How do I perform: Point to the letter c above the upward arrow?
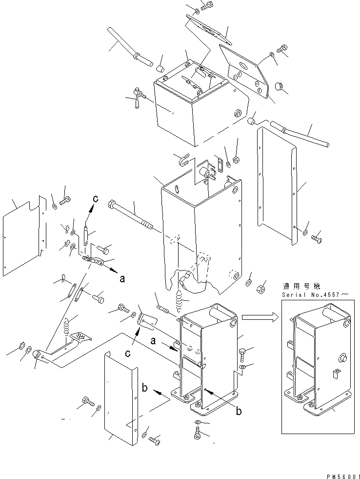tap(96, 199)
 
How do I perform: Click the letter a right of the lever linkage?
tap(122, 279)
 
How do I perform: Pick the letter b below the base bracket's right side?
tap(239, 412)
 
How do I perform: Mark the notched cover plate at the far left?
tap(22, 234)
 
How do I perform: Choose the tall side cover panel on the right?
tap(277, 186)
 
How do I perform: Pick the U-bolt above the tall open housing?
tap(183, 160)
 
